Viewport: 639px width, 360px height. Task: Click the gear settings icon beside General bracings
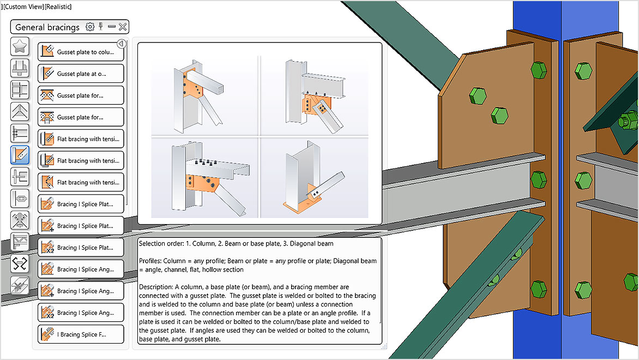90,27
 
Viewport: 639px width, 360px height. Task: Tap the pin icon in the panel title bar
101,27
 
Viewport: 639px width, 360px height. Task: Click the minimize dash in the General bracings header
112,27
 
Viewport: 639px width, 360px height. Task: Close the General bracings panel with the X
123,27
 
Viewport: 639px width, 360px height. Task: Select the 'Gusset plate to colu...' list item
81,52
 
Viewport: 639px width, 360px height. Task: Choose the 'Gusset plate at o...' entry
81,74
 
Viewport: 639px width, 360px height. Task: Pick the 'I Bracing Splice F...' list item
81,334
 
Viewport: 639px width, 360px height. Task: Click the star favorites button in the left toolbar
20,47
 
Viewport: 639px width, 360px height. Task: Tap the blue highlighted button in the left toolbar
20,155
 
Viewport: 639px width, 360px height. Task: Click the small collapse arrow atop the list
122,44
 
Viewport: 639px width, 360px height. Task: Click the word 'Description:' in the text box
156,287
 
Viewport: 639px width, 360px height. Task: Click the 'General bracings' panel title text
47,27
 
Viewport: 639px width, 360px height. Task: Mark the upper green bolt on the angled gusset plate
478,95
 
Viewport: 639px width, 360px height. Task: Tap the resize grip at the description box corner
384,346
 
